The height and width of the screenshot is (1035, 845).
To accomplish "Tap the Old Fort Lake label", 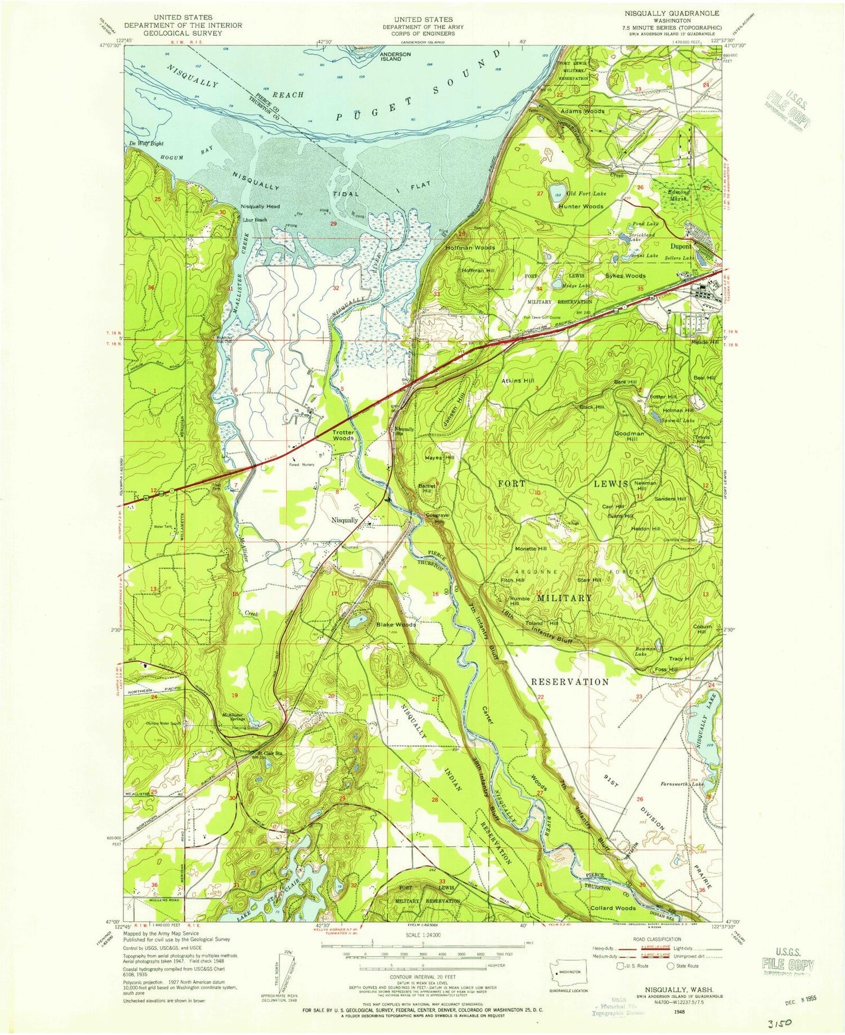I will tap(586, 193).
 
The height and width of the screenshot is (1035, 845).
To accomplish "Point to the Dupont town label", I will tap(681, 246).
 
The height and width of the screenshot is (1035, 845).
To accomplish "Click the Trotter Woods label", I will tap(343, 435).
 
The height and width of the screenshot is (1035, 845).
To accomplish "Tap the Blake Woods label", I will tap(396, 625).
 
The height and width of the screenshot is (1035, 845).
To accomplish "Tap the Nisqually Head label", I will tap(260, 206).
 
